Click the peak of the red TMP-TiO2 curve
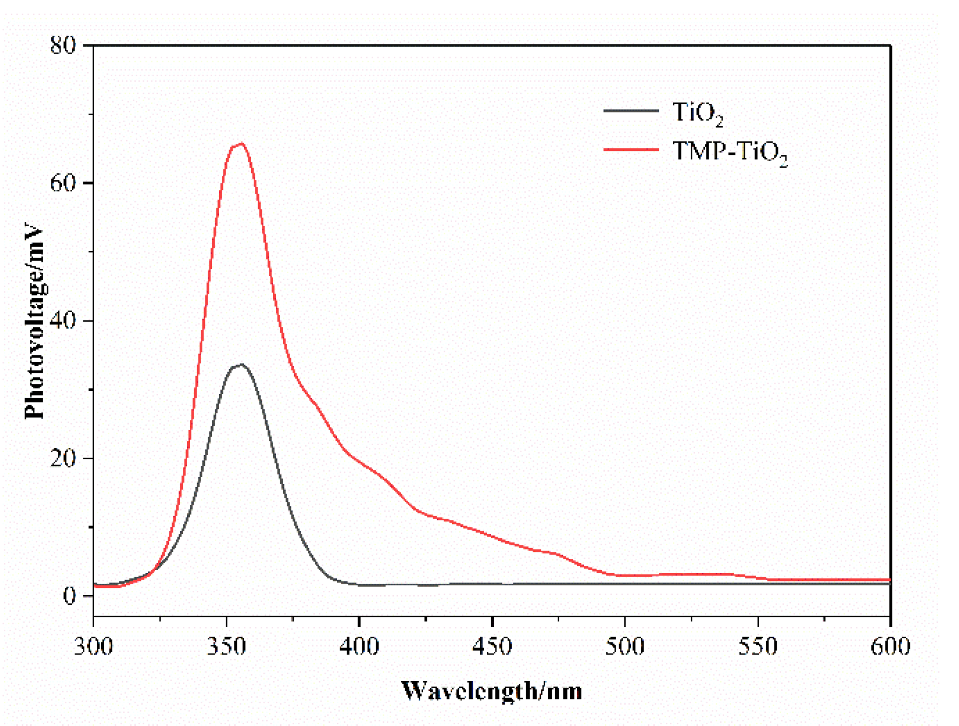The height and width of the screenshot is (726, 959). pyautogui.click(x=241, y=143)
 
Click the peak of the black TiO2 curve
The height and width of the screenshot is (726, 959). pyautogui.click(x=241, y=365)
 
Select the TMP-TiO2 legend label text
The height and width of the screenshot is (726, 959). pyautogui.click(x=729, y=152)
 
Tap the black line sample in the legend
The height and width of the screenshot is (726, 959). pyautogui.click(x=631, y=111)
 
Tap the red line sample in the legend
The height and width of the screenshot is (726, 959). pyautogui.click(x=631, y=149)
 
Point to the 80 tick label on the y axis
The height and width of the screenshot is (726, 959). pyautogui.click(x=63, y=45)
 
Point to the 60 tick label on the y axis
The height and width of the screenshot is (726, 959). pyautogui.click(x=63, y=183)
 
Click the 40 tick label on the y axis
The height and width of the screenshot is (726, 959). pyautogui.click(x=63, y=321)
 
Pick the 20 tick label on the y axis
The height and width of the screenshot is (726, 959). pyautogui.click(x=63, y=458)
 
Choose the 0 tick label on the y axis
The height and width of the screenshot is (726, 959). pyautogui.click(x=69, y=596)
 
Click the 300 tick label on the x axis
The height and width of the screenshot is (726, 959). pyautogui.click(x=94, y=646)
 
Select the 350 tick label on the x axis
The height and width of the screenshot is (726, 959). pyautogui.click(x=227, y=646)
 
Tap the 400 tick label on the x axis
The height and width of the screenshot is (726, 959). pyautogui.click(x=359, y=646)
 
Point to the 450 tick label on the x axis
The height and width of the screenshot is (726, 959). pyautogui.click(x=492, y=646)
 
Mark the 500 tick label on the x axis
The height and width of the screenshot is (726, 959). pyautogui.click(x=625, y=646)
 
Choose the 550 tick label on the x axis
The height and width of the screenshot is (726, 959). pyautogui.click(x=758, y=646)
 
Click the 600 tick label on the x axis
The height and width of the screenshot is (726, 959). pyautogui.click(x=890, y=646)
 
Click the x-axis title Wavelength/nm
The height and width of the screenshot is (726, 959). pyautogui.click(x=491, y=691)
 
